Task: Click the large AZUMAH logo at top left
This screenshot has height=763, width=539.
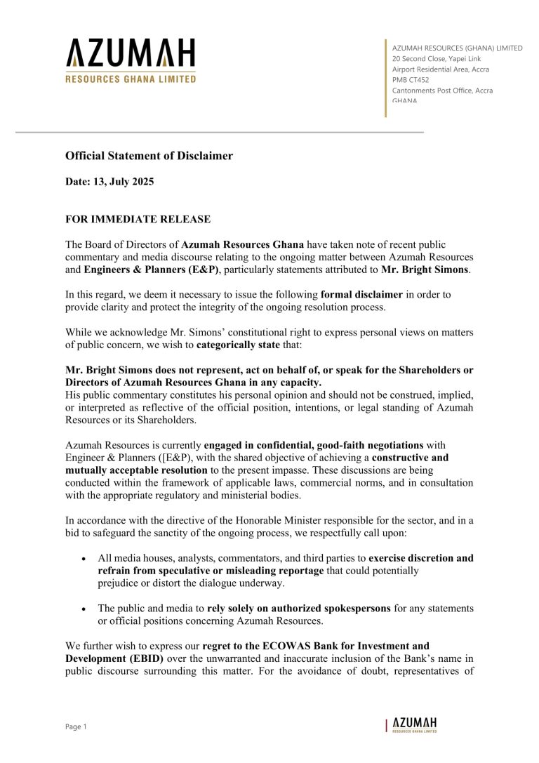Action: point(131,61)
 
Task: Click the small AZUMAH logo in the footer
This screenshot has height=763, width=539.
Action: point(414,725)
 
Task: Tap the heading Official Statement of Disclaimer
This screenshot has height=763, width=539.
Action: point(149,156)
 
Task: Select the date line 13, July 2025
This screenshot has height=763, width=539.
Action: point(109,182)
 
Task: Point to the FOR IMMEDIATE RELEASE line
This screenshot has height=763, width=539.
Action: point(138,220)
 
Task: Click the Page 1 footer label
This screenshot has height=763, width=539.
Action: point(76,727)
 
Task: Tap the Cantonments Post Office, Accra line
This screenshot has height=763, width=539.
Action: point(442,91)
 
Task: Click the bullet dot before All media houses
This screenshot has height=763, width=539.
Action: point(84,559)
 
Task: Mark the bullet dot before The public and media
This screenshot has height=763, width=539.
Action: point(84,608)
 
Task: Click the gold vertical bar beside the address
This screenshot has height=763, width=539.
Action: point(385,77)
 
